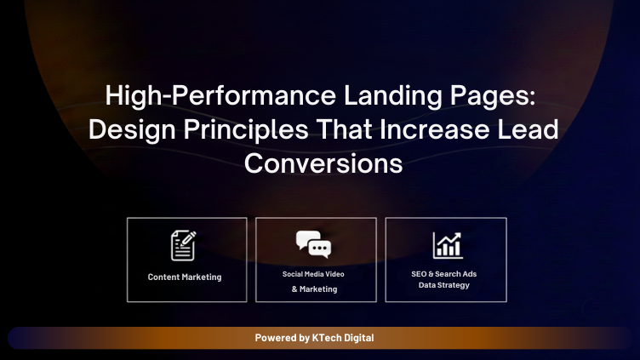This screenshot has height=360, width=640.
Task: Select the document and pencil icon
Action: [183, 245]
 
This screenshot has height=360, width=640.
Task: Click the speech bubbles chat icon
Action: [313, 245]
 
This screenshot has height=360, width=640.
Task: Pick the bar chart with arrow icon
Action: [446, 245]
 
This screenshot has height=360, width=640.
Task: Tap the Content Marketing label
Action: [185, 277]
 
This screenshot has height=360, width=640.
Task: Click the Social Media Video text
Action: [314, 274]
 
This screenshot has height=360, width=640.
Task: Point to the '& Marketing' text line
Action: [314, 289]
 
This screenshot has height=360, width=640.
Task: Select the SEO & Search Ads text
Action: [444, 274]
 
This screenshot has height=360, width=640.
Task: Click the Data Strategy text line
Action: [444, 285]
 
